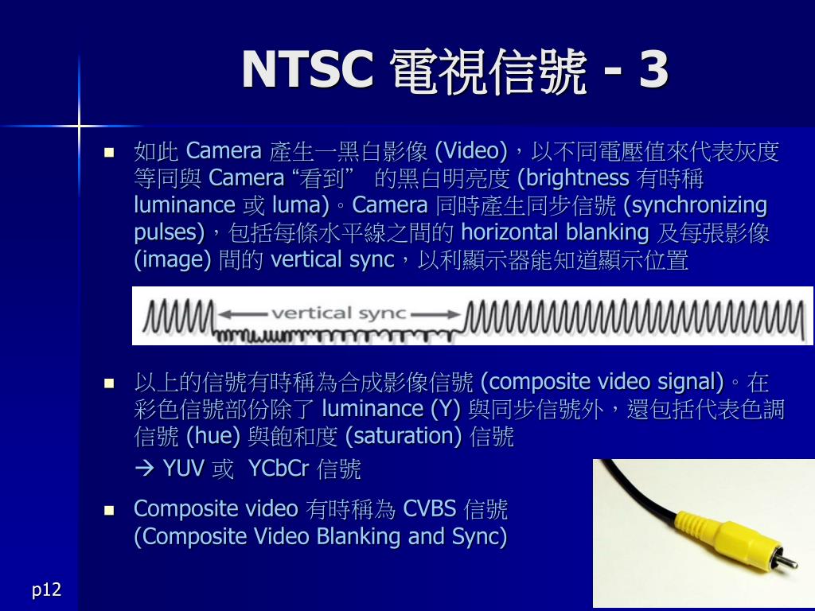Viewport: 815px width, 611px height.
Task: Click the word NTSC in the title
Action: [x=308, y=69]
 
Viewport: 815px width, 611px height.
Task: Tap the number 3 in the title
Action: [x=653, y=69]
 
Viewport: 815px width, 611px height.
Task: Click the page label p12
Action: [x=47, y=590]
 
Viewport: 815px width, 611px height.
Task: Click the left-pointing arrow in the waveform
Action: [x=244, y=314]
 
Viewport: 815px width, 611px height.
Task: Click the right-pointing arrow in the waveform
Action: [x=435, y=314]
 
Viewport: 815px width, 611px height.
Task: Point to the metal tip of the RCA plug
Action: [x=787, y=561]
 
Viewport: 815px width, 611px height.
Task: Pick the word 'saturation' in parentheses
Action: [x=404, y=436]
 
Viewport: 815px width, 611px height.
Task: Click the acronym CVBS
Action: [x=430, y=509]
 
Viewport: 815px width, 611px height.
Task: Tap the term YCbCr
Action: [x=279, y=469]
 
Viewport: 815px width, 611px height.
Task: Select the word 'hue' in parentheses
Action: [x=213, y=436]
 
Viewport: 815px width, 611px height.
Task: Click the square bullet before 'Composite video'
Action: [x=109, y=511]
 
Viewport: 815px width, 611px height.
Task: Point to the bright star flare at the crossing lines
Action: [x=79, y=125]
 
